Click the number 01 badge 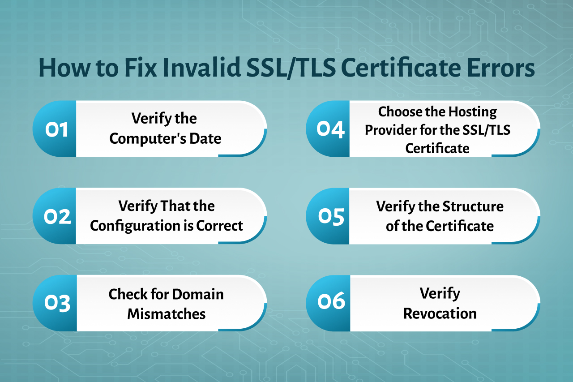(x=56, y=129)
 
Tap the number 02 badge (x=57, y=217)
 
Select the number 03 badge (x=57, y=303)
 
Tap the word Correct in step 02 (x=219, y=226)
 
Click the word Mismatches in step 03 (x=167, y=314)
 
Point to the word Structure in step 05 (x=473, y=206)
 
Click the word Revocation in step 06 (x=440, y=313)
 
